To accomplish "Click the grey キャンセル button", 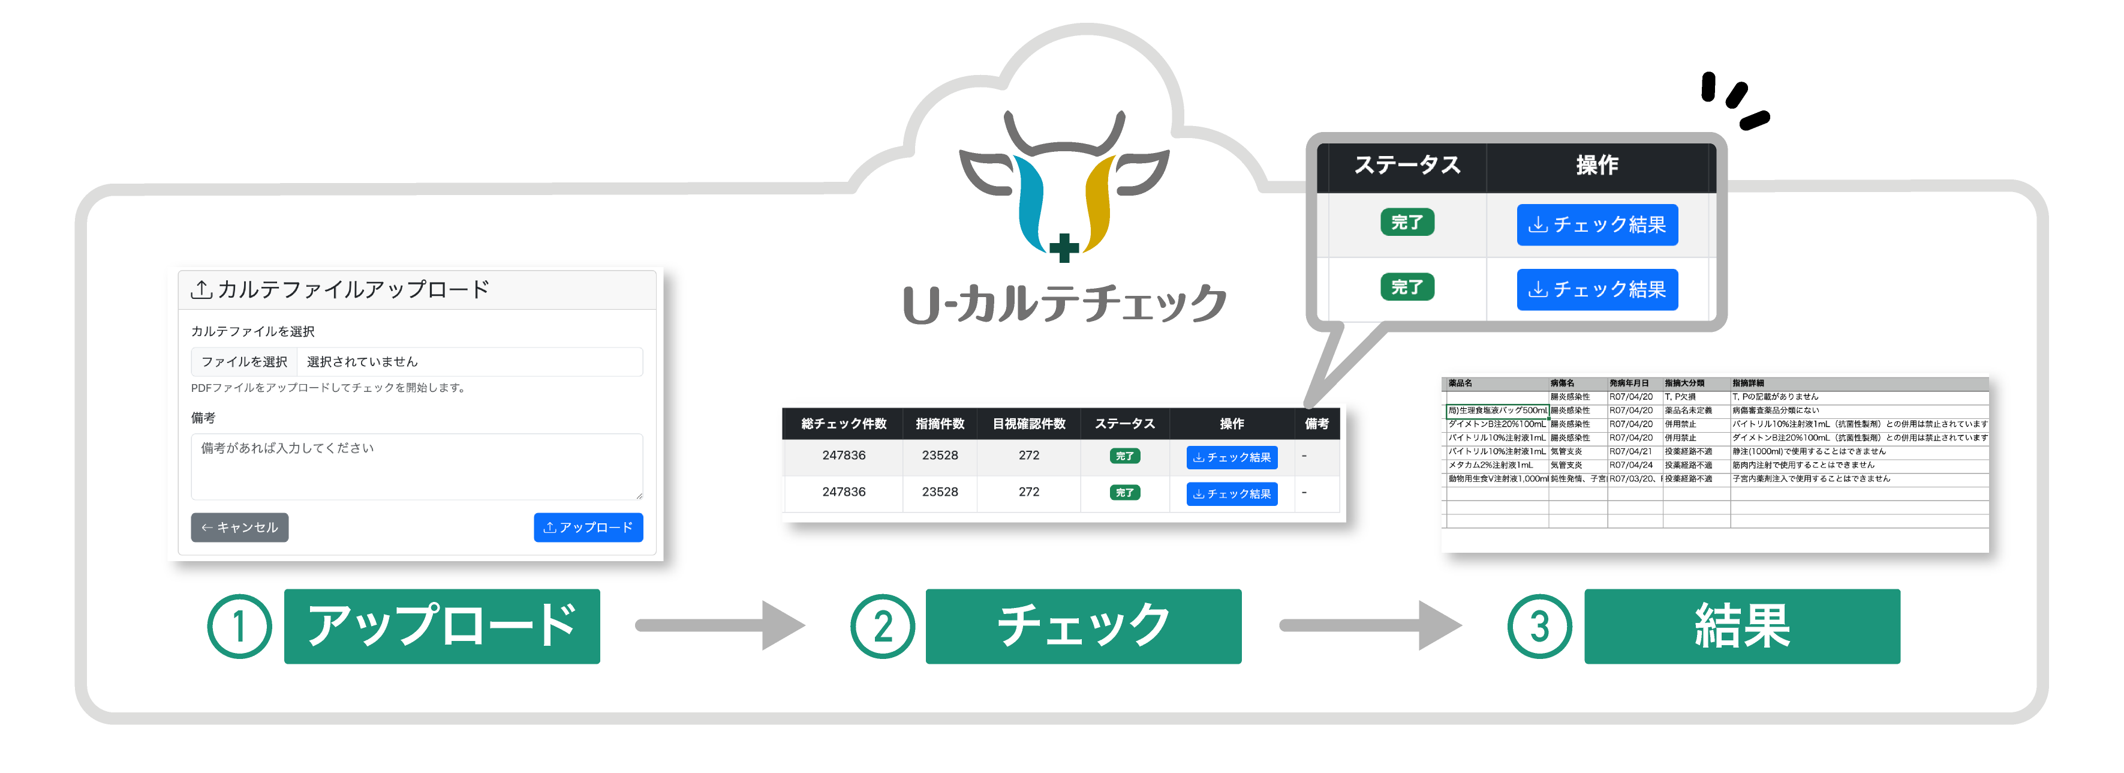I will [239, 527].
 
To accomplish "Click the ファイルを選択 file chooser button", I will [244, 362].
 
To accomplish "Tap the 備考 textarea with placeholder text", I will [416, 467].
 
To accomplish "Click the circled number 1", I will [239, 626].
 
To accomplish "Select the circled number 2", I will [882, 626].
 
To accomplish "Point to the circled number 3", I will [1539, 626].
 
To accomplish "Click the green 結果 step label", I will [1741, 626].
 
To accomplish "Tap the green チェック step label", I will [1082, 626].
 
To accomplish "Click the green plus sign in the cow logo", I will [1064, 247].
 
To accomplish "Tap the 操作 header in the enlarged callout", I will [1596, 165].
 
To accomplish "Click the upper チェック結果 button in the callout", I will [1596, 224].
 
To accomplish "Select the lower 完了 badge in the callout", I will [1407, 287].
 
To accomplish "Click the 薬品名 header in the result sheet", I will [1460, 383].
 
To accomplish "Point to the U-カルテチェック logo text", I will [1064, 304].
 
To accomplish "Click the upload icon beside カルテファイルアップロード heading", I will [201, 289].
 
